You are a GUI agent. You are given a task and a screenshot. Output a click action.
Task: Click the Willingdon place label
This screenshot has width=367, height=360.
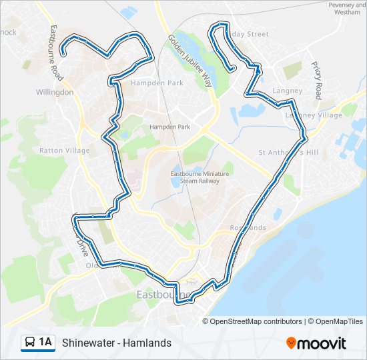55,93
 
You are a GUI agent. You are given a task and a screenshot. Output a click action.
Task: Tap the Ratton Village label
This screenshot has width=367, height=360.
64,151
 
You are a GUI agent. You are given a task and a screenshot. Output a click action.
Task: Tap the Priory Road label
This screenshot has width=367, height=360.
317,81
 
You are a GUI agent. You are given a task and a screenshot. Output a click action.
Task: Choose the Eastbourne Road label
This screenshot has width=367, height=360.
56,54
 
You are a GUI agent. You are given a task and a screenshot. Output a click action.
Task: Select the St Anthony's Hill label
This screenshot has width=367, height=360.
289,153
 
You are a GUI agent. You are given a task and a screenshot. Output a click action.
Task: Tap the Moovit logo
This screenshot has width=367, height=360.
316,343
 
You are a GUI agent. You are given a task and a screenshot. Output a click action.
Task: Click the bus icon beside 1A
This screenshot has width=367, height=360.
29,343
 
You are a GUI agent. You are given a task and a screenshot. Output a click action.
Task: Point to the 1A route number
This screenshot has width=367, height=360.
45,343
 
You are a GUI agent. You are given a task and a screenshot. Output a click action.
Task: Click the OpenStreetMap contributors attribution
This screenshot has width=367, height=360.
256,321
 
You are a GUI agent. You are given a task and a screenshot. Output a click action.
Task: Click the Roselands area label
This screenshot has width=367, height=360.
248,228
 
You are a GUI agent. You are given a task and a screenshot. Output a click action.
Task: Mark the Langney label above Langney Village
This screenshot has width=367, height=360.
288,91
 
